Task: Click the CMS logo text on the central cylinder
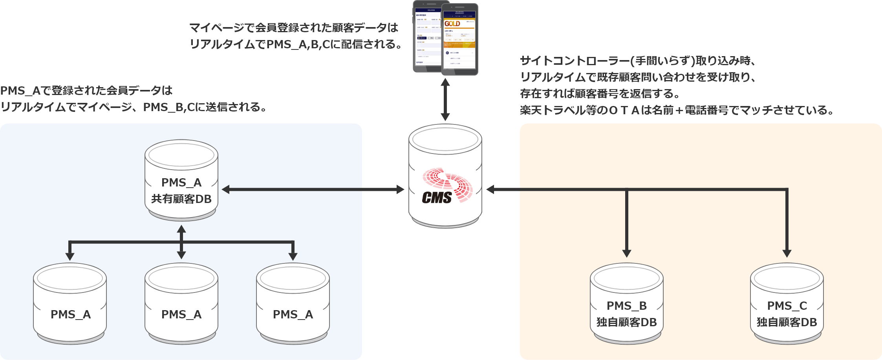tap(437, 197)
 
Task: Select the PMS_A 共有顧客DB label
tap(181, 191)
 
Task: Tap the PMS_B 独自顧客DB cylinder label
tap(626, 314)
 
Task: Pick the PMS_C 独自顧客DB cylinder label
tap(787, 314)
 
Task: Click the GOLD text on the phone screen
tap(452, 24)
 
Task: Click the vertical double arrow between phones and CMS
tap(445, 100)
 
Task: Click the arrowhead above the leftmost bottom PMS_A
tap(70, 256)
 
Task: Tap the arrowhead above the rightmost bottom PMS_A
tap(293, 256)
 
